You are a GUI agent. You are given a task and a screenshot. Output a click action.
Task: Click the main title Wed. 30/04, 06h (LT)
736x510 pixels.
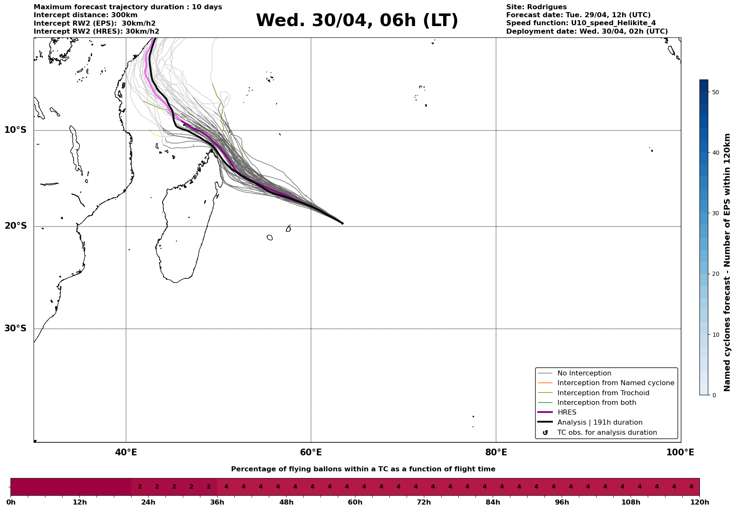[x=357, y=21]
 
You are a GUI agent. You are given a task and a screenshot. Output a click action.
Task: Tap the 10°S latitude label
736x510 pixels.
[x=16, y=130]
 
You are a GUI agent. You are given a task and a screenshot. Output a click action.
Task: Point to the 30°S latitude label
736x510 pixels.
[x=16, y=328]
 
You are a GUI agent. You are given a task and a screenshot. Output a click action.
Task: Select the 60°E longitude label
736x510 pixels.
[x=311, y=452]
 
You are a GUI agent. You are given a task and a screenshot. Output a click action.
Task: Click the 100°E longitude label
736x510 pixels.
[x=680, y=452]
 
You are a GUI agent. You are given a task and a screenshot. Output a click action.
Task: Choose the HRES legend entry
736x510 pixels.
[x=567, y=412]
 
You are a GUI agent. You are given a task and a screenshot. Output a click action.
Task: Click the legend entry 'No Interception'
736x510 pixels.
[x=584, y=373]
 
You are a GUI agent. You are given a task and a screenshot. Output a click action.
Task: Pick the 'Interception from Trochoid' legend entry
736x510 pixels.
[x=603, y=393]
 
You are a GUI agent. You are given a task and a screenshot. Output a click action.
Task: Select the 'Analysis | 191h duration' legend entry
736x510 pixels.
[x=599, y=423]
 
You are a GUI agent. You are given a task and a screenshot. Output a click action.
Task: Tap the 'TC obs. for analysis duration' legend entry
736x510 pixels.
[x=607, y=433]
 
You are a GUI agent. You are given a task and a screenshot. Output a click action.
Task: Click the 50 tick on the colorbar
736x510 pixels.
[x=716, y=92]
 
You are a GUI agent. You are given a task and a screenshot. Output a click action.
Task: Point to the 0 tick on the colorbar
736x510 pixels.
[x=714, y=395]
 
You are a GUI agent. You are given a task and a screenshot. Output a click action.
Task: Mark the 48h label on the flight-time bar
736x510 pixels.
[x=287, y=502]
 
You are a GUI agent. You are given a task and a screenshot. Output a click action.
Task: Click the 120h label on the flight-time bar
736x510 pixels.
[x=699, y=502]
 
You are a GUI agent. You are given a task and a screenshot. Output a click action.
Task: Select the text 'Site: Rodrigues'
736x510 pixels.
[x=536, y=7]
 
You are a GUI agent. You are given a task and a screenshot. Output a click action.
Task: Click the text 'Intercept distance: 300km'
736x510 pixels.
[x=85, y=15]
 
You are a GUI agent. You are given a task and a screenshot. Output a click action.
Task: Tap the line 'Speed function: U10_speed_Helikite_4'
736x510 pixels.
[x=581, y=23]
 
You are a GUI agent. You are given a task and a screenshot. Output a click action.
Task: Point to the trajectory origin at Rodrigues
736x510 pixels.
[x=342, y=223]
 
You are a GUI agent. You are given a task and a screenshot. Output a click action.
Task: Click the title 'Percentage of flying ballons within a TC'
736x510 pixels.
[x=363, y=469]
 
